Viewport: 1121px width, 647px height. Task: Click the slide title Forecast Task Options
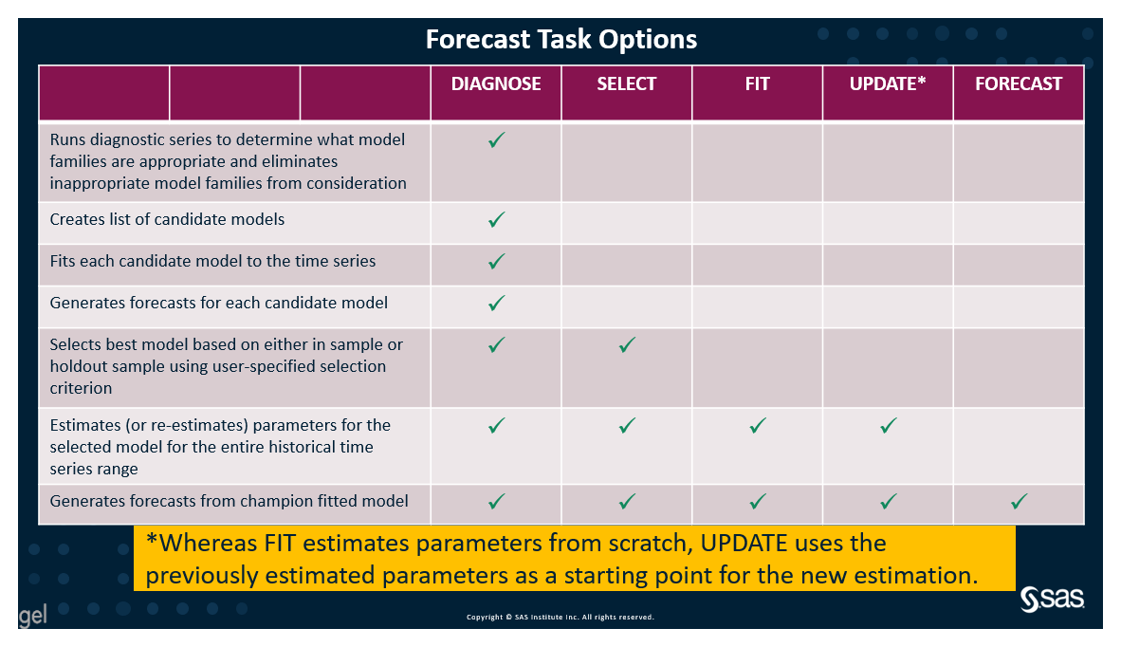(560, 39)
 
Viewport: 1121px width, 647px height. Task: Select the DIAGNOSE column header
(496, 83)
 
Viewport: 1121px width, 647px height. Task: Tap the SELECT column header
(626, 83)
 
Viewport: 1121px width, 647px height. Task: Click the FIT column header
(757, 83)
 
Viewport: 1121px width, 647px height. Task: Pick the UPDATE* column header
(887, 83)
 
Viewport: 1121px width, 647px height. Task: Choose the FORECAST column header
(1019, 83)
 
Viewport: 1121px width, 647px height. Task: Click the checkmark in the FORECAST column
(1019, 501)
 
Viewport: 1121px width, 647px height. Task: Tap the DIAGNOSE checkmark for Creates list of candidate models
(496, 220)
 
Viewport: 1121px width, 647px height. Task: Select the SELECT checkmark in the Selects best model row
(626, 345)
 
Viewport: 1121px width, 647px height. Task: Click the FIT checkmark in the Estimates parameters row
(757, 426)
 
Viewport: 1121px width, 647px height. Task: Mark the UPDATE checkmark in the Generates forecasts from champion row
(888, 501)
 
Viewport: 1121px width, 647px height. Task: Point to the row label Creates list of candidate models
(167, 219)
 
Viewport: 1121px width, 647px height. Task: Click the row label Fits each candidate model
(212, 261)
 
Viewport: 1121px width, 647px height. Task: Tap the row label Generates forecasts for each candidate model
(218, 303)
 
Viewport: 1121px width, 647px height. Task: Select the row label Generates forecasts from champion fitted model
(229, 500)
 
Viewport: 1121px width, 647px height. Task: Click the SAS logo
(1052, 599)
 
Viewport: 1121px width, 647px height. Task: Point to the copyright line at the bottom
(560, 617)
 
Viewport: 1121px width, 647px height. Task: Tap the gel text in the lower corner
(32, 617)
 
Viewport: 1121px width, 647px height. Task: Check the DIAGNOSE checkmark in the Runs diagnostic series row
(496, 140)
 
